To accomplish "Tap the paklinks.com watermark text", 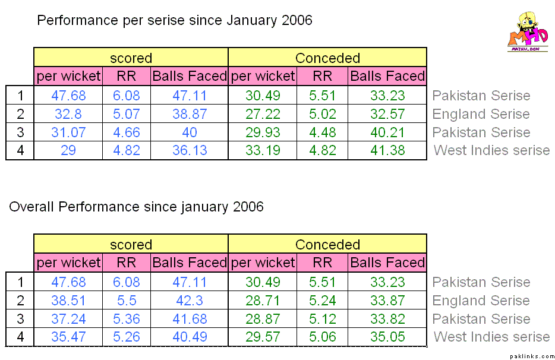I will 531,354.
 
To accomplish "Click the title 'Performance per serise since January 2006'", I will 175,21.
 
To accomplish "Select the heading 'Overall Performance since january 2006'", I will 136,207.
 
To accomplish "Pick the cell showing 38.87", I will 190,114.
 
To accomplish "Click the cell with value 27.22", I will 262,114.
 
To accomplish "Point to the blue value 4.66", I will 127,132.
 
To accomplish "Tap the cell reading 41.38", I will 387,151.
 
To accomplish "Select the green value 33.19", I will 262,151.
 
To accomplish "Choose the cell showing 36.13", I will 190,151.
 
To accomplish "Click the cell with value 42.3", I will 190,301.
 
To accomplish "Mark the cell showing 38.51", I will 68,301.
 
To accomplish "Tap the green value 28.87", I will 262,319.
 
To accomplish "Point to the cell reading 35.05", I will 387,337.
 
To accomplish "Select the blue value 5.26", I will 127,337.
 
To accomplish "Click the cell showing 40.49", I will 190,337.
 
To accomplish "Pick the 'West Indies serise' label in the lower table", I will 491,337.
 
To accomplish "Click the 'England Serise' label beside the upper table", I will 481,114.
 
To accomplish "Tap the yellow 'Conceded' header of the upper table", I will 327,58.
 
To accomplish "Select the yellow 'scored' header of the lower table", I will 131,245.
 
